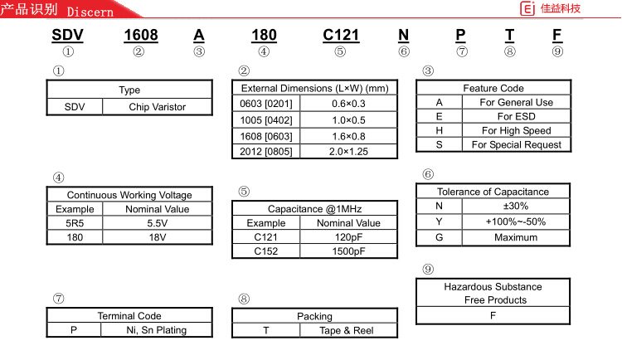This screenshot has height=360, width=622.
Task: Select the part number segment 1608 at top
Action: click(140, 35)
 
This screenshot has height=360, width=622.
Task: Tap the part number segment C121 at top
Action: click(340, 35)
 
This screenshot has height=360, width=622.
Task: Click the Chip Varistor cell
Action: click(157, 107)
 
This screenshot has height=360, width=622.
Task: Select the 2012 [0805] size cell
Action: click(265, 153)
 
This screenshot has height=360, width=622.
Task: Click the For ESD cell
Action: click(516, 117)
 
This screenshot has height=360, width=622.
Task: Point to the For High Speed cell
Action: click(516, 131)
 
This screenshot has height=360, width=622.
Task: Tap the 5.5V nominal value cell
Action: click(157, 223)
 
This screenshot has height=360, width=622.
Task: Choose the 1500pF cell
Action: click(348, 251)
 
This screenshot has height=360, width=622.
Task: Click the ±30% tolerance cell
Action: click(516, 206)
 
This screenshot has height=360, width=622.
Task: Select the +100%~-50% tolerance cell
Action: click(516, 221)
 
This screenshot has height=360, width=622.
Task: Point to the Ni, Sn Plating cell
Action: click(156, 330)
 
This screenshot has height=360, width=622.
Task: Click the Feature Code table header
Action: click(493, 88)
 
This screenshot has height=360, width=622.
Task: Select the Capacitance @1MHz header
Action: click(314, 209)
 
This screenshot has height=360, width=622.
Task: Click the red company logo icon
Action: click(526, 9)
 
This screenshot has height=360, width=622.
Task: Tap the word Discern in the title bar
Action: click(90, 12)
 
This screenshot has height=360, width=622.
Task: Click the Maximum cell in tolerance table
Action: click(516, 237)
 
